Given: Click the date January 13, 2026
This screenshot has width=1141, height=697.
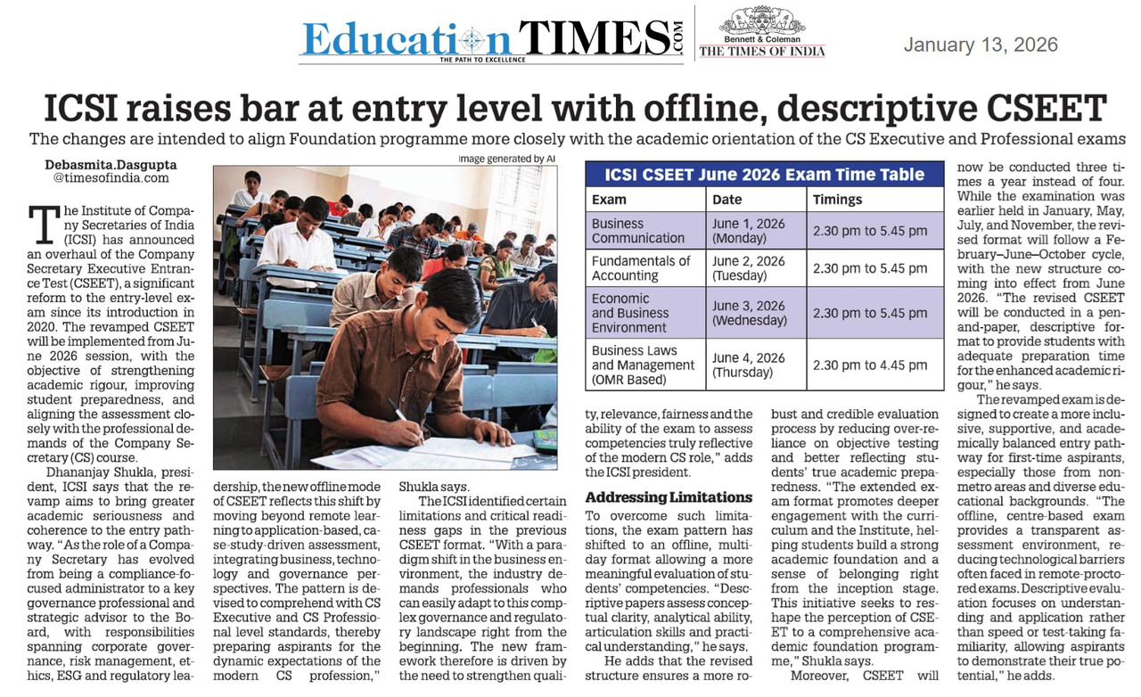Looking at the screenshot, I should [981, 45].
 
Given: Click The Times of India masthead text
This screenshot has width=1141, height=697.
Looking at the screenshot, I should [762, 52].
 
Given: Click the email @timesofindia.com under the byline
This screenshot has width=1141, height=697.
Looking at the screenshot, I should [111, 178].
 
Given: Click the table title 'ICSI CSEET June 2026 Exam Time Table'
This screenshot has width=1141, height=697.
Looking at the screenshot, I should [764, 175].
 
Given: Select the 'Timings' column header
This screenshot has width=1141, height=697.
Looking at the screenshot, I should [837, 200].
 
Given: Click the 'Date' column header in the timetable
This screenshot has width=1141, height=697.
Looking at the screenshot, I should [727, 200].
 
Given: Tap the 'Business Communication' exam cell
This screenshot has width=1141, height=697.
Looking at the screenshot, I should [638, 231].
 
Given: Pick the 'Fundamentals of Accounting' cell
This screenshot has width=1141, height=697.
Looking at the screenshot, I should [641, 268].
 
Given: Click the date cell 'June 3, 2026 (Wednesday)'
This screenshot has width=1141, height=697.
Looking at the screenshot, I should [749, 313].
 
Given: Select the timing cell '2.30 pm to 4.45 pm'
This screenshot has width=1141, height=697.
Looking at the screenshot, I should [870, 365].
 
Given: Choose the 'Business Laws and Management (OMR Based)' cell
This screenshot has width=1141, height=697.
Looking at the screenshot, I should [643, 365].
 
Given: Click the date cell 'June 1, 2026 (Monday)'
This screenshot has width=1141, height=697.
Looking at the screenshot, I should [749, 231].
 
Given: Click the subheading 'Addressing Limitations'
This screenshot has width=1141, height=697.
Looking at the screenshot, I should [669, 496].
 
